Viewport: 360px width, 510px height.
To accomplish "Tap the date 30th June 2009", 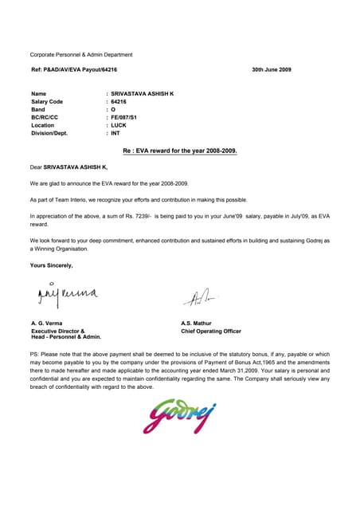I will [271, 70].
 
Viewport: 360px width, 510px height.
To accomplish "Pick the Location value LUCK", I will [119, 125].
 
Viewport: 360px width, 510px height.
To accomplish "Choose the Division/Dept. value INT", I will [116, 133].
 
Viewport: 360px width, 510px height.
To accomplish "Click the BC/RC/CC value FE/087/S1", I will [126, 117].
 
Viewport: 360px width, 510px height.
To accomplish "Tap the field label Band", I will [37, 110].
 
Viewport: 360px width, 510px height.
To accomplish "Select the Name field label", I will [38, 94].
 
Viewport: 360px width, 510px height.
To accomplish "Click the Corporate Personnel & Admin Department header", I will [81, 54].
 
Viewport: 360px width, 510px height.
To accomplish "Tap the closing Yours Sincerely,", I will [51, 265].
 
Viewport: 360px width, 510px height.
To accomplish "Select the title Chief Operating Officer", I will [211, 331].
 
